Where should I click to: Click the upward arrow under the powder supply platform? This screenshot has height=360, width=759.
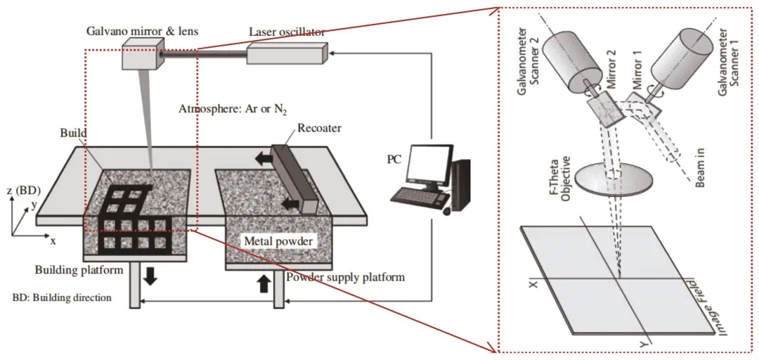coord(264,283)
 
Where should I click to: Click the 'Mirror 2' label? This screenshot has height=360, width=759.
coord(610,78)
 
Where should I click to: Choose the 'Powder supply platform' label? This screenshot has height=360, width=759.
coord(345,277)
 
